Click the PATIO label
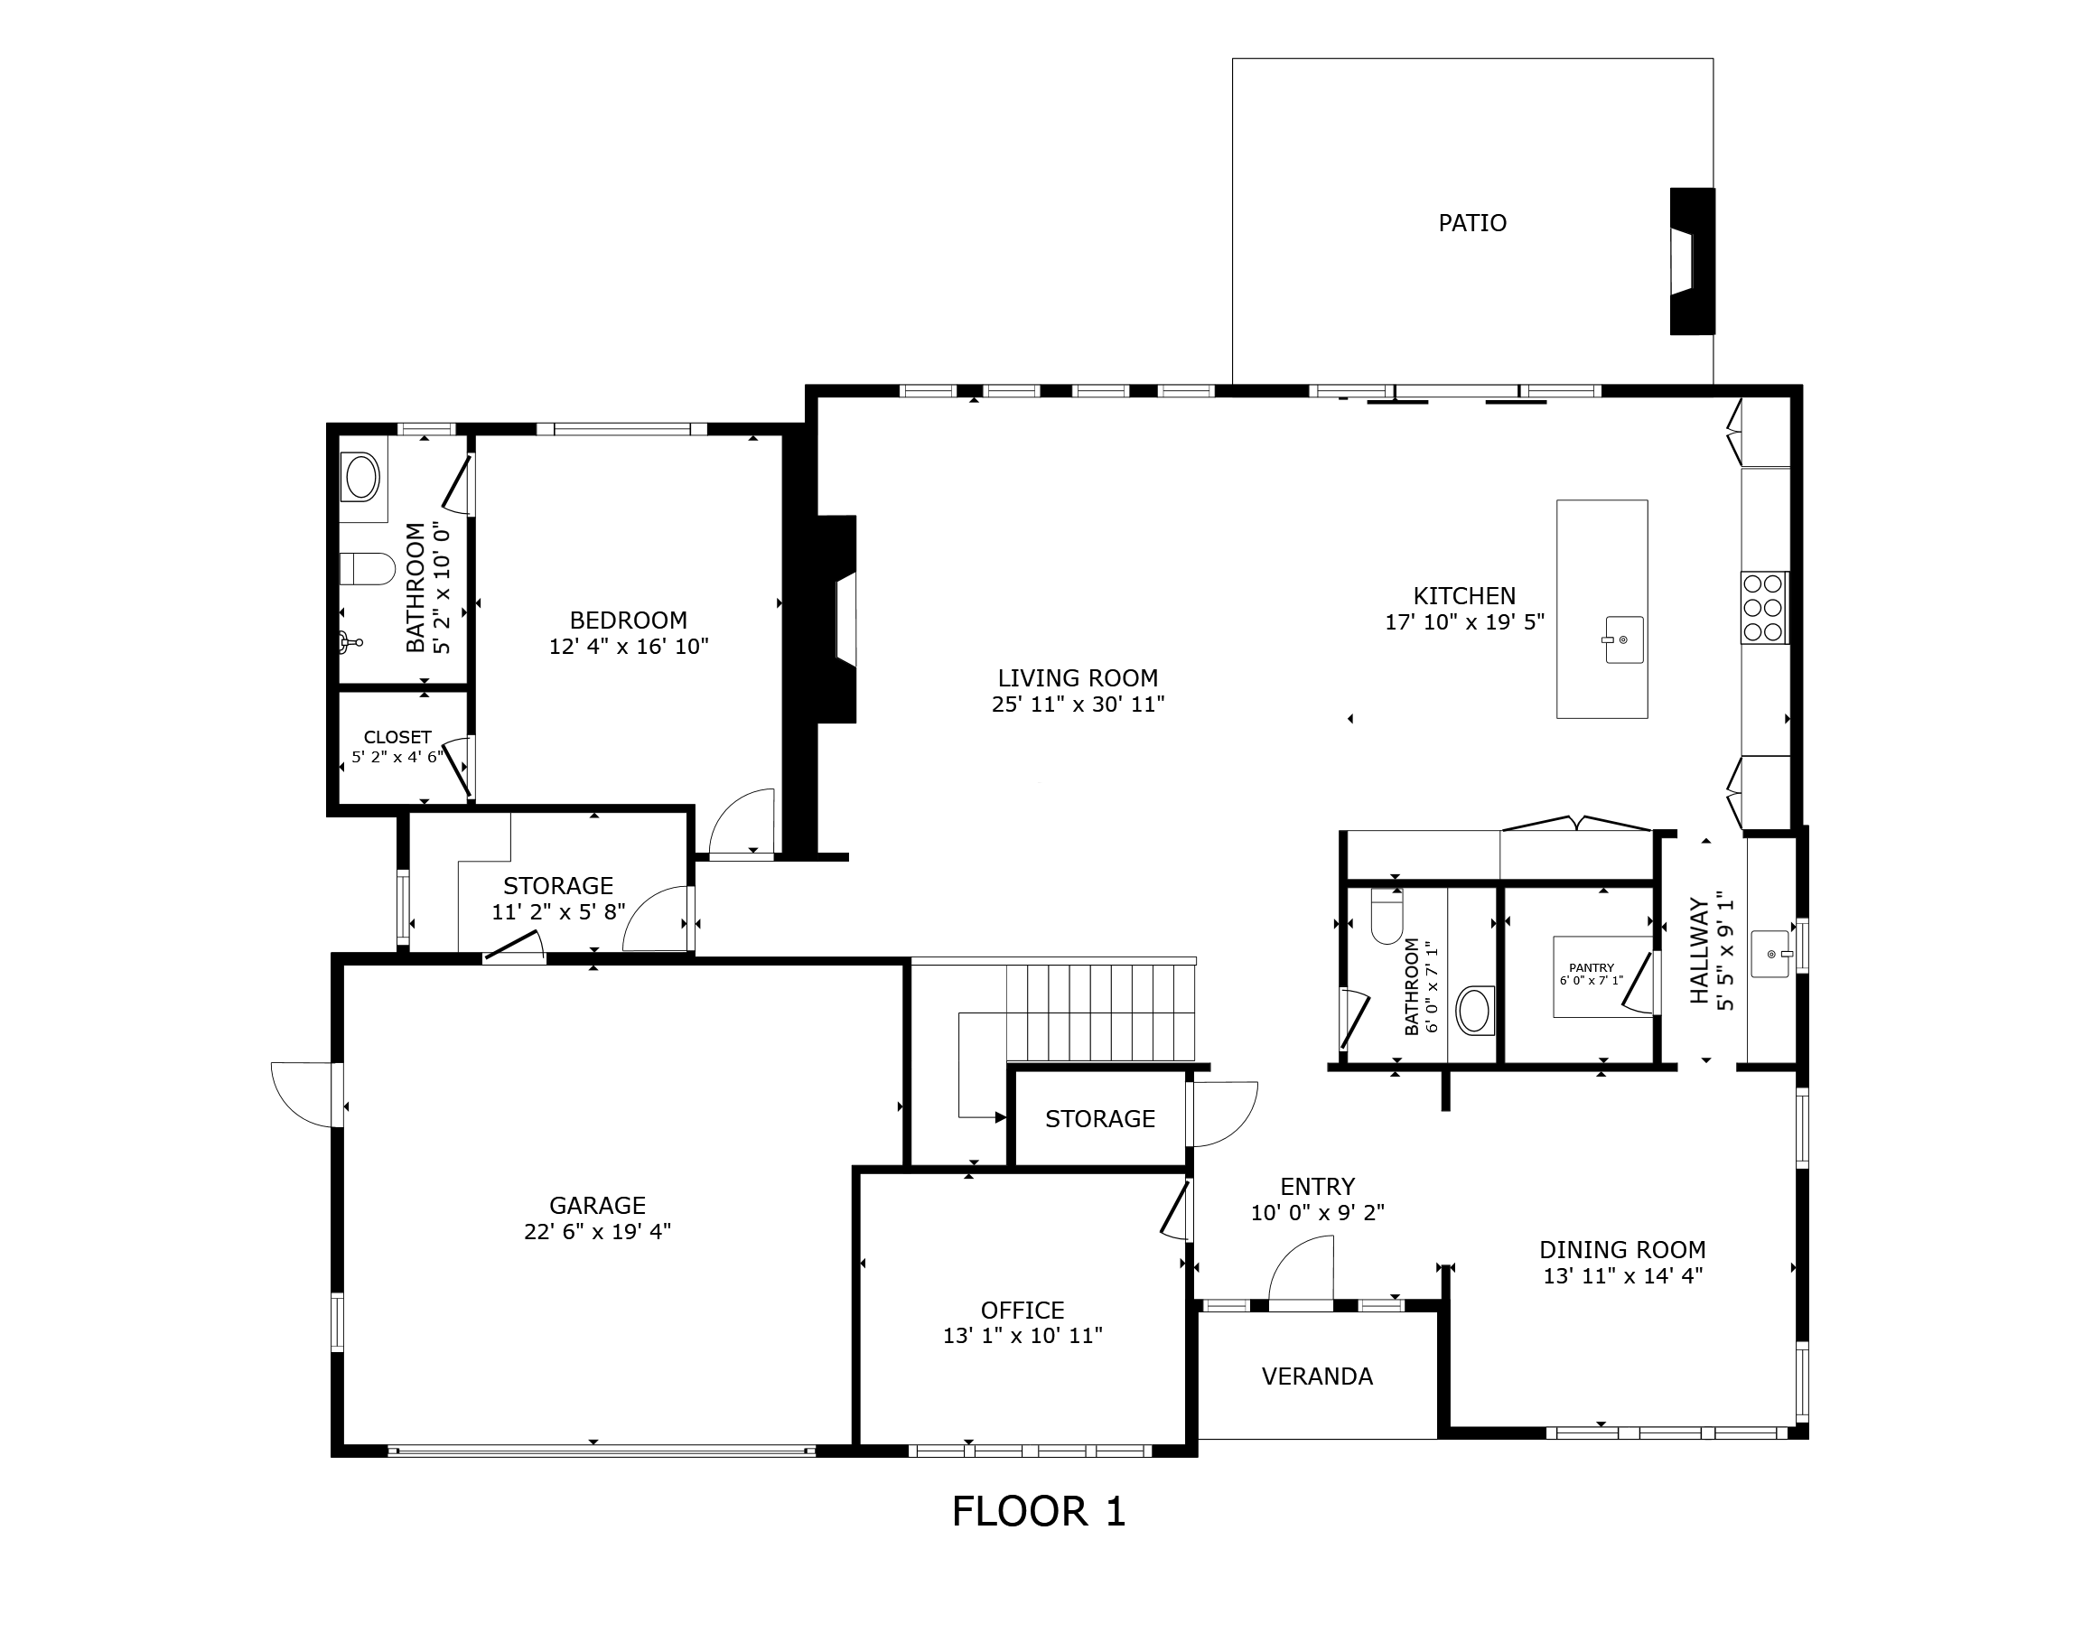coord(1471,223)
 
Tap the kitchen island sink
coord(1622,639)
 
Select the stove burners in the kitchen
coord(1763,607)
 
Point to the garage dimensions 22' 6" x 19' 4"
coord(597,1231)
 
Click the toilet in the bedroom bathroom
coord(367,568)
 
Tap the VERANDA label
coord(1317,1376)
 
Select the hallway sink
coord(1770,954)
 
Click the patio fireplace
coord(1692,261)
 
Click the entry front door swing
coord(1301,1269)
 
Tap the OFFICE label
coord(1022,1310)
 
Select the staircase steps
coord(1100,1012)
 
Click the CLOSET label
coord(397,737)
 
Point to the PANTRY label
coord(1591,967)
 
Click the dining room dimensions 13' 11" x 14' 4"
coord(1622,1275)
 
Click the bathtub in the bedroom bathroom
coord(361,477)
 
